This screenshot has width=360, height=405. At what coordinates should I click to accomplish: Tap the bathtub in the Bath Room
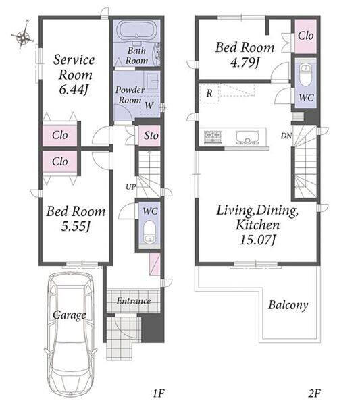click(136, 30)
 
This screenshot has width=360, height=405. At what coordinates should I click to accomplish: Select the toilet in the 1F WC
click(149, 232)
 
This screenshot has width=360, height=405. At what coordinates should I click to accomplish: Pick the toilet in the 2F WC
click(306, 74)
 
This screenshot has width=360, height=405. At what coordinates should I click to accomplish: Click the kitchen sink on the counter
click(247, 137)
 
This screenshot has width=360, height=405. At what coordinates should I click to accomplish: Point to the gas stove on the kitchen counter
click(213, 137)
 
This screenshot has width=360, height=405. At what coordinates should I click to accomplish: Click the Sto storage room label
click(151, 136)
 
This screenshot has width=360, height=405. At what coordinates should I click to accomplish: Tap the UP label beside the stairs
click(131, 186)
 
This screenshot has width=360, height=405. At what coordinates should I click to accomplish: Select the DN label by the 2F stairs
click(286, 136)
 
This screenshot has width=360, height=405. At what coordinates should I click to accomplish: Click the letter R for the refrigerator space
click(209, 93)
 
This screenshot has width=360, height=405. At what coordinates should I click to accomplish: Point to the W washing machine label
click(149, 105)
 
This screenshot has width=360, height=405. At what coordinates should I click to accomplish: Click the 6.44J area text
click(74, 90)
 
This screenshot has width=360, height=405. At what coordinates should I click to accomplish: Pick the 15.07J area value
click(257, 240)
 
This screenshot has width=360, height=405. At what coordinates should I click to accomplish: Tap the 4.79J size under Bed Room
click(245, 63)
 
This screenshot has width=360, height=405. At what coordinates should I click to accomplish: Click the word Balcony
click(288, 305)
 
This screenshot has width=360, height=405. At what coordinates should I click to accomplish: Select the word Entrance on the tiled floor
click(134, 301)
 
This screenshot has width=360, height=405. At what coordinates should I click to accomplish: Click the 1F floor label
click(159, 394)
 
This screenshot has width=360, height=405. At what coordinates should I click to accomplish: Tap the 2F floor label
click(314, 394)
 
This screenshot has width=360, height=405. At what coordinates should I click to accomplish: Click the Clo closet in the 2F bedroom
click(306, 36)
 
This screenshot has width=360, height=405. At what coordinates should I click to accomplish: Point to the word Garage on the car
click(70, 315)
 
